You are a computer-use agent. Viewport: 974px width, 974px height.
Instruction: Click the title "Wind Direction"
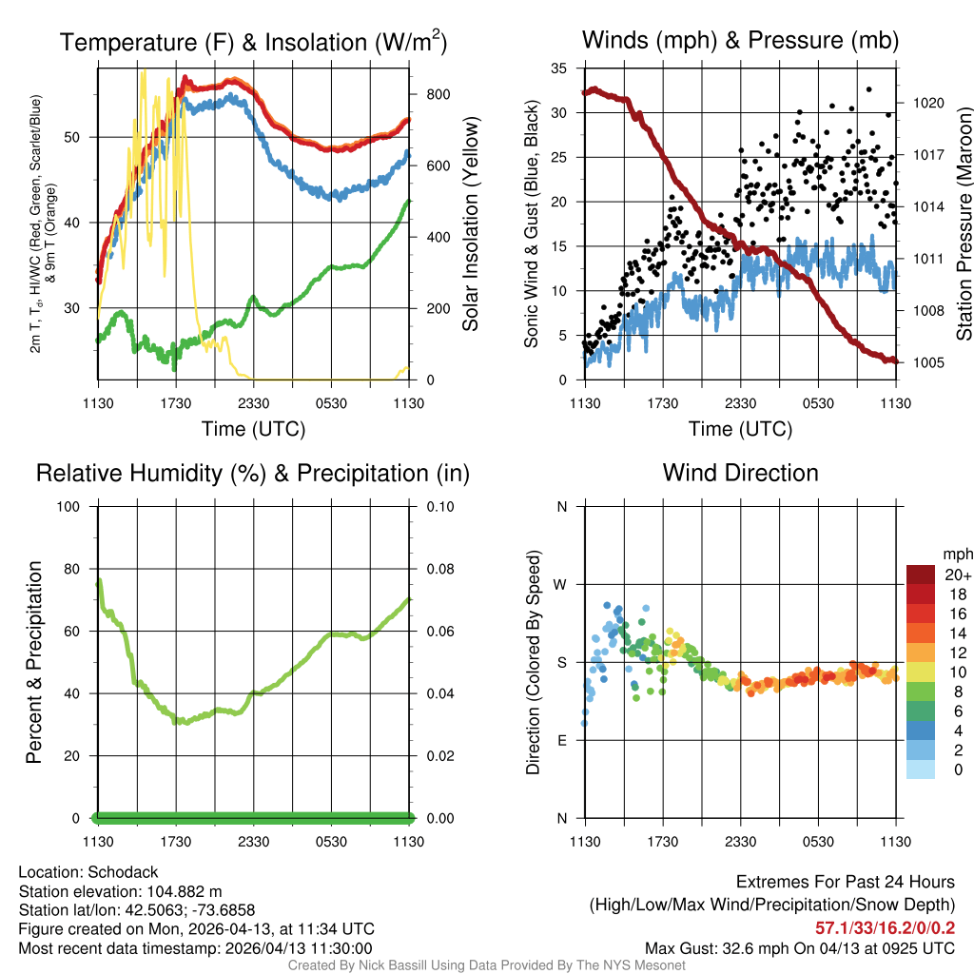(x=740, y=473)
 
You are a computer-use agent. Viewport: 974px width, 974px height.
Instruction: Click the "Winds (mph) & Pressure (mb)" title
(x=740, y=41)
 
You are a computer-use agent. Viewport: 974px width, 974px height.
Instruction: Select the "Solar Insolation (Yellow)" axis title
(x=470, y=224)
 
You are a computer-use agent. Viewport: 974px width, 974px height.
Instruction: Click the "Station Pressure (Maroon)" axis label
(x=963, y=224)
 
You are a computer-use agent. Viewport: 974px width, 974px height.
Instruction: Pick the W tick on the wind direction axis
(x=561, y=584)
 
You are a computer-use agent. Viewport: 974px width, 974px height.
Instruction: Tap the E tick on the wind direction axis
(x=561, y=740)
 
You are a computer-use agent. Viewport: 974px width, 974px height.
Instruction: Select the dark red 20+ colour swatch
(x=921, y=575)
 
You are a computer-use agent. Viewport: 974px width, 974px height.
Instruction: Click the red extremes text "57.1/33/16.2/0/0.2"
(x=885, y=928)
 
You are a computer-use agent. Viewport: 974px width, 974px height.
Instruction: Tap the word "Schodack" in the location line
(x=124, y=872)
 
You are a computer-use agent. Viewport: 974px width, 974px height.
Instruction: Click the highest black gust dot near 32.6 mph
(x=868, y=89)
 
